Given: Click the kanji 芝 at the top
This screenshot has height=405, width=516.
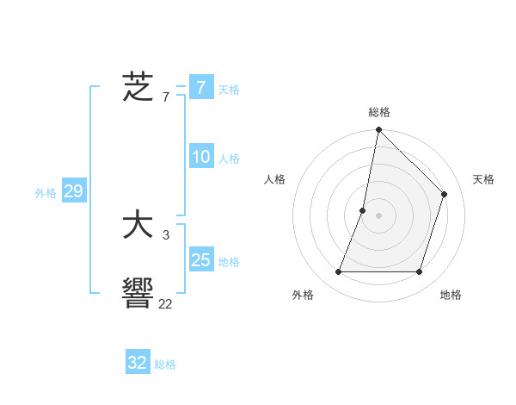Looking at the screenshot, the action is pos(138,87).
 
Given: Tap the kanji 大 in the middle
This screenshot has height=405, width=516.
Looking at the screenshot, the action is pos(138,226).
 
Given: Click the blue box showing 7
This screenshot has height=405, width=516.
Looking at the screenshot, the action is pos(200,87).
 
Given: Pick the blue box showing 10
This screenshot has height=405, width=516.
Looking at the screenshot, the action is pos(200,157).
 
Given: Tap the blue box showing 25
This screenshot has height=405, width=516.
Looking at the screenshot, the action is pos(200,260).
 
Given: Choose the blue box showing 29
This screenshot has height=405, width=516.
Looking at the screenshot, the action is pos(73,191).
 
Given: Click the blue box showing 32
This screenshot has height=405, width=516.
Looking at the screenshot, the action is pos(138,363).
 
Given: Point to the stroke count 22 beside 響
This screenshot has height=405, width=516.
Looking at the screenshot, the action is pos(165,303).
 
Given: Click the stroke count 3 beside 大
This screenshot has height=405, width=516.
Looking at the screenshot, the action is pos(166,234).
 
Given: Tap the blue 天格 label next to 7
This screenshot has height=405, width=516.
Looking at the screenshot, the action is pos(229,89).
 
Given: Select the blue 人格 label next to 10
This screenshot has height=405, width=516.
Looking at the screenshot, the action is pos(229,159).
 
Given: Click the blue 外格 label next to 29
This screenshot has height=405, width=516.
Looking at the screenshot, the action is pos(46,193).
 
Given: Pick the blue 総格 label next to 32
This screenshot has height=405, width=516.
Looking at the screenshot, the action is pos(165,364).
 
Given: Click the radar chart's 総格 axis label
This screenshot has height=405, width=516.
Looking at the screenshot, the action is pos(378,112).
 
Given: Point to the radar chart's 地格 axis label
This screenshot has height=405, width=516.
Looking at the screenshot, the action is pos(451,295).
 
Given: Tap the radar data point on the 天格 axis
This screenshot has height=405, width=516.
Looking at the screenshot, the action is pos(445,194).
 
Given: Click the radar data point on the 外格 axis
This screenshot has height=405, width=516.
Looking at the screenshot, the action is pos(338,272).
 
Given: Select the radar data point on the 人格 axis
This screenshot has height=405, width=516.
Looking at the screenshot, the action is pos(363,210).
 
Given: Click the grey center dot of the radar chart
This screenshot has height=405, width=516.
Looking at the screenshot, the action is pos(378,215).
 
